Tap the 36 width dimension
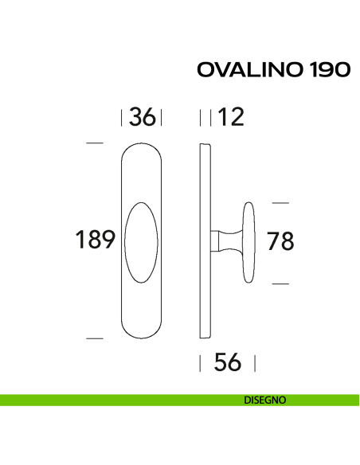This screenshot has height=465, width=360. click(141, 118)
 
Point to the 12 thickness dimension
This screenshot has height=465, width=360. click(229, 118)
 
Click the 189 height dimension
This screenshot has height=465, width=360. click(96, 240)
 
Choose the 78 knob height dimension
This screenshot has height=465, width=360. click(280, 241)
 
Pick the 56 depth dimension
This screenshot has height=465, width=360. click(228, 363)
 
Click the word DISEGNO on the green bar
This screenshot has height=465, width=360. click(264, 401)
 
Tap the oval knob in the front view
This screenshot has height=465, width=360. click(141, 240)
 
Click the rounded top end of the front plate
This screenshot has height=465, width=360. click(141, 151)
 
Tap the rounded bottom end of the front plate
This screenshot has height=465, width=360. click(141, 330)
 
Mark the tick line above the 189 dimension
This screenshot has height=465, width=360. click(95, 143)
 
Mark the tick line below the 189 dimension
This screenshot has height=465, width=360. click(95, 339)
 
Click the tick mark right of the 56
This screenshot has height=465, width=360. click(254, 364)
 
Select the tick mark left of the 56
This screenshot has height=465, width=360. click(200, 364)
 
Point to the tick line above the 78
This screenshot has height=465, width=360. click(280, 201)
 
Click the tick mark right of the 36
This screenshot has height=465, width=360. click(161, 119)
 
